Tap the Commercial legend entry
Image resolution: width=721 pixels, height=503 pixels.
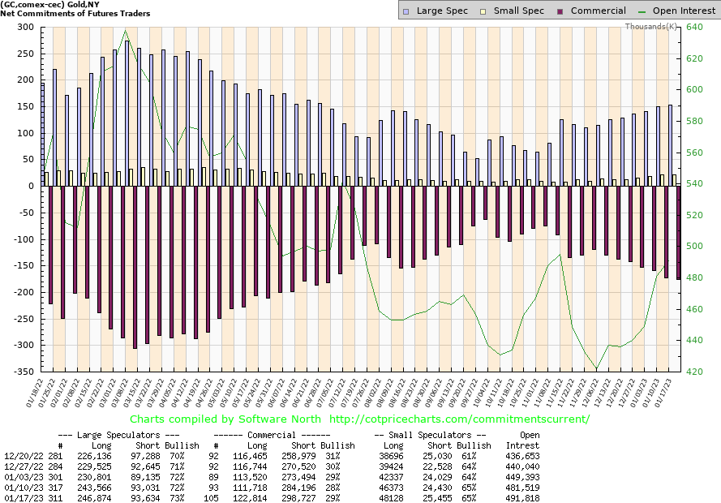pos(591,11)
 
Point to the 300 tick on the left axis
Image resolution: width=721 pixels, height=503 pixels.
pos(26,27)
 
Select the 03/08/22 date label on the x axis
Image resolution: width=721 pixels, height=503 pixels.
pos(126,394)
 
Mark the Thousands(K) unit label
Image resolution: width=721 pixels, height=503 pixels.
pos(650,26)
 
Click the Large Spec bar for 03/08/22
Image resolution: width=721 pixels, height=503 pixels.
pos(126,113)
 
